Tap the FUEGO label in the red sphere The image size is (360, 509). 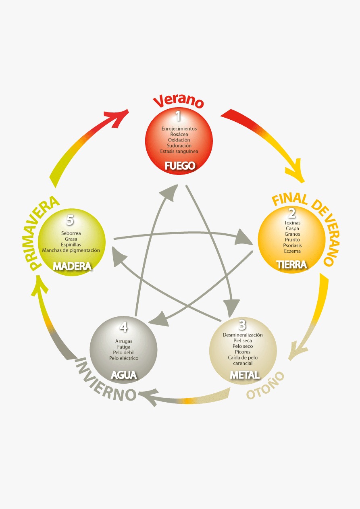tap(180, 165)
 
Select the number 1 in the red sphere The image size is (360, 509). tap(178, 116)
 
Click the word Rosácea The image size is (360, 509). tap(179, 134)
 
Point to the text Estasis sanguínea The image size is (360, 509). tap(179, 151)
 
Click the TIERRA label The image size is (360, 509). tap(292, 265)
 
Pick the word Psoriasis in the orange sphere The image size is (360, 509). tap(292, 245)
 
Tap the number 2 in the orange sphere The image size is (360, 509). tap(292, 212)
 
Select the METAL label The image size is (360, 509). tap(245, 375)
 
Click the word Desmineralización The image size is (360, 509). tap(243, 335)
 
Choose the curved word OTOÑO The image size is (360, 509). tap(265, 385)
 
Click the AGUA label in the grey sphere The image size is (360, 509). tap(124, 375)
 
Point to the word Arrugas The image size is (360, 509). tap(124, 341)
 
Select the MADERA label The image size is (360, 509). tap(72, 266)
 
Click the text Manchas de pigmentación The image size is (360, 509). tap(71, 250)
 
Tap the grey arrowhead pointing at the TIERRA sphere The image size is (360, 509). tap(244, 237)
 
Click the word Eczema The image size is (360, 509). tap(292, 251)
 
